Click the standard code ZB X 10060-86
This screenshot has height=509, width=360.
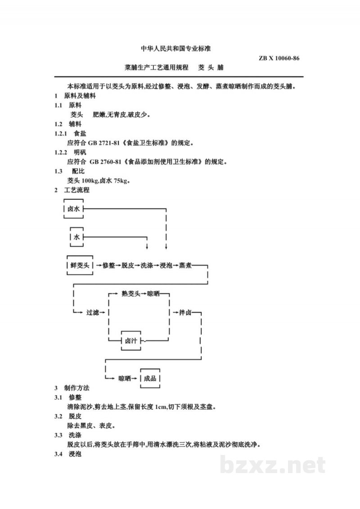(279, 59)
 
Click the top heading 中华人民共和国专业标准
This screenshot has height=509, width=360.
(175, 49)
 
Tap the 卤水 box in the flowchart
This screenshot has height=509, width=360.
(74, 209)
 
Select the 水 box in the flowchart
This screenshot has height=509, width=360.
(76, 237)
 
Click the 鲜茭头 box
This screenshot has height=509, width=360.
(80, 265)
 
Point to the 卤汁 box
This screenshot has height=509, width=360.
(131, 341)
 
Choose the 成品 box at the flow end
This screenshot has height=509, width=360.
(150, 378)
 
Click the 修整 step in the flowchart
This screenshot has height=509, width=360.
(109, 266)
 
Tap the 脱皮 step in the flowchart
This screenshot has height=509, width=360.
(128, 266)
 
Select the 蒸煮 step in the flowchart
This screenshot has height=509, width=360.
(185, 266)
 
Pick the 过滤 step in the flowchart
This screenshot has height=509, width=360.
(93, 313)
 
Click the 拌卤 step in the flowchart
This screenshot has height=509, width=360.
(185, 313)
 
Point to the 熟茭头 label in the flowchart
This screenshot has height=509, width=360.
(131, 294)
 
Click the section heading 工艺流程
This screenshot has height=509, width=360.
(76, 190)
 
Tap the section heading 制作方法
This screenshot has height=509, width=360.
(76, 388)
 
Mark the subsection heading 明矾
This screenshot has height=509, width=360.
(80, 152)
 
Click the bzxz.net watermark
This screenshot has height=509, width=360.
(273, 465)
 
